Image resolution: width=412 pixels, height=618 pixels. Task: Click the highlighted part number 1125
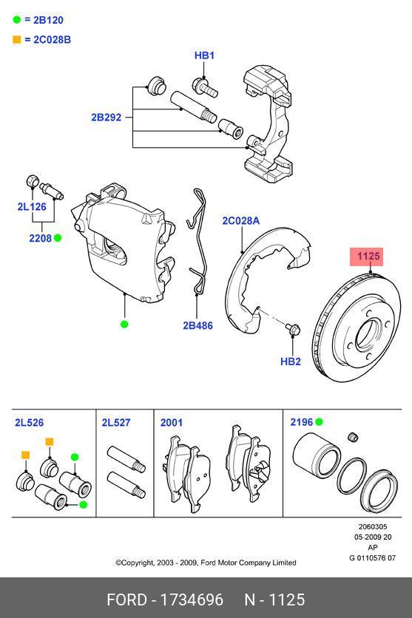368,257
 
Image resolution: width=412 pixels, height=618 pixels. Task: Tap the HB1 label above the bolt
204,55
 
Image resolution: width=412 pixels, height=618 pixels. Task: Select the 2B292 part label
107,117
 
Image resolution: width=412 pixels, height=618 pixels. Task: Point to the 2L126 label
32,207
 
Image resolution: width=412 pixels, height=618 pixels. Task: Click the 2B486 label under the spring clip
197,325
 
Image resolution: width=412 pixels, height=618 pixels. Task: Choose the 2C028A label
241,220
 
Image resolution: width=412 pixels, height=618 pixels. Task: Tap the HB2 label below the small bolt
291,361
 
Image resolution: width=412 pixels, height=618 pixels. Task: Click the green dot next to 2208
57,238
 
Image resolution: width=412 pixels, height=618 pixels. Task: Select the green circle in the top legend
18,20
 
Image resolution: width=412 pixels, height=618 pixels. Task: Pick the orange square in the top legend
18,39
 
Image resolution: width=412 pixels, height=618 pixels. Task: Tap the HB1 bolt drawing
204,89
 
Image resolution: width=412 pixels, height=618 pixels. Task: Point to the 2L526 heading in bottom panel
29,423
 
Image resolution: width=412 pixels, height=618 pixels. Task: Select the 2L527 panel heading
115,423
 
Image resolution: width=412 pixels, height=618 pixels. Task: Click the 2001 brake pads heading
171,423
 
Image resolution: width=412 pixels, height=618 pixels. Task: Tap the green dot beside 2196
319,422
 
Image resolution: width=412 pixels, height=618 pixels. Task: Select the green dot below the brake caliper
124,324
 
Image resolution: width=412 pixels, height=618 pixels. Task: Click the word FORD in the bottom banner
126,600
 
